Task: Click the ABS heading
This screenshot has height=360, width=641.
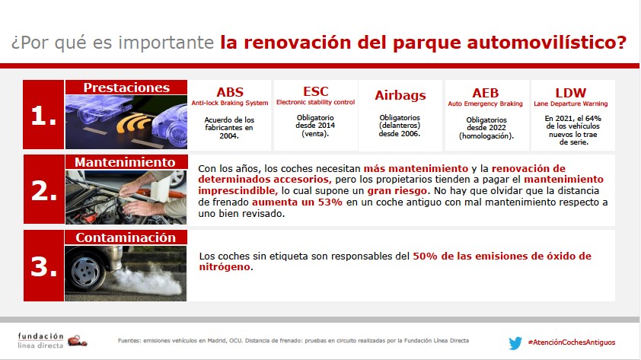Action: (x=230, y=92)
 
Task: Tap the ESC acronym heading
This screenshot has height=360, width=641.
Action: (x=316, y=91)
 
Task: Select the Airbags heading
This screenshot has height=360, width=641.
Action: (x=400, y=95)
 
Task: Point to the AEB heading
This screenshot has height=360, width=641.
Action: (x=485, y=93)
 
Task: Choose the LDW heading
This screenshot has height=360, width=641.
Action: (x=571, y=93)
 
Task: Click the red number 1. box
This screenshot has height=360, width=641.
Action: (x=43, y=114)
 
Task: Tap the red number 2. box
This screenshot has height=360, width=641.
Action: (x=43, y=190)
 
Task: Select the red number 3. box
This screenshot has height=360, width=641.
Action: (x=43, y=266)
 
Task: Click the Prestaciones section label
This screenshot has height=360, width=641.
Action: (x=126, y=88)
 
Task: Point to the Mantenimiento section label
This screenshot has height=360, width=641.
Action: (x=126, y=162)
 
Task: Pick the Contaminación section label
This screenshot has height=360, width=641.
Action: (x=126, y=237)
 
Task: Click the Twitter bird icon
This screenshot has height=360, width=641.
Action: (x=515, y=342)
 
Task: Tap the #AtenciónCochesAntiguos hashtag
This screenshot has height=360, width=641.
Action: (x=572, y=342)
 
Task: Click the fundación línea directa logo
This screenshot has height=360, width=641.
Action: (x=53, y=340)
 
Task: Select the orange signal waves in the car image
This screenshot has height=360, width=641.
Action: (x=133, y=123)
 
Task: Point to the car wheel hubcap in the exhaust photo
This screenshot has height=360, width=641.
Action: (x=86, y=271)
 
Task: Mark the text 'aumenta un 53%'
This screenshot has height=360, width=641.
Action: (x=297, y=202)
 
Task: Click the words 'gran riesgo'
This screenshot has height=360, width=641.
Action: (x=397, y=191)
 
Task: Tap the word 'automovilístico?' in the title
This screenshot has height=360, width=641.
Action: (x=547, y=43)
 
